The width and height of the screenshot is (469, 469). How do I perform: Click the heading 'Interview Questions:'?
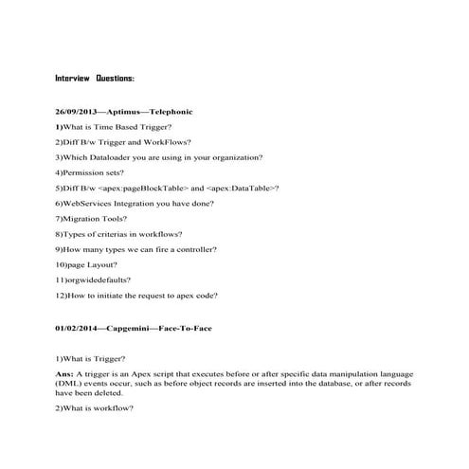click(x=95, y=78)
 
